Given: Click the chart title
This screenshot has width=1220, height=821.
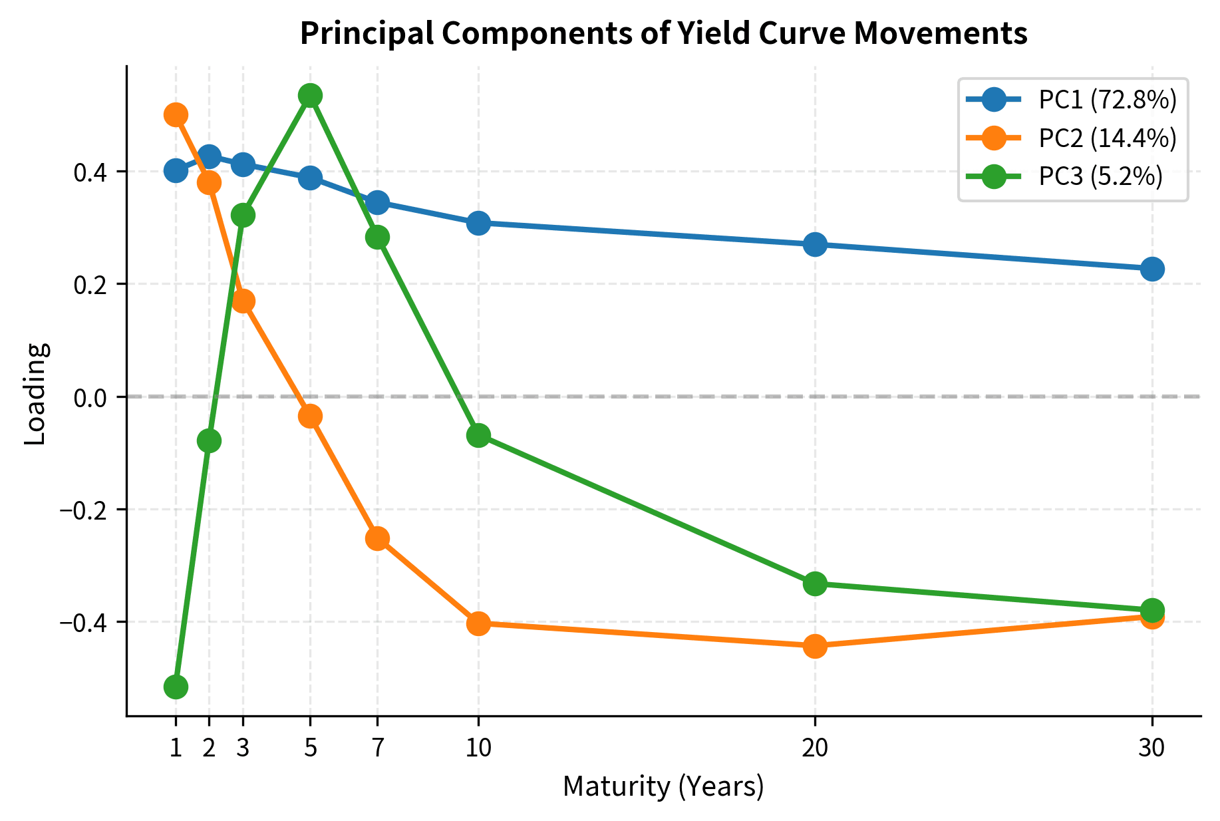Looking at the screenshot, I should pyautogui.click(x=663, y=33).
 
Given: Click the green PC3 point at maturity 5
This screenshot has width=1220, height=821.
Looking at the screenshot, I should pyautogui.click(x=310, y=95).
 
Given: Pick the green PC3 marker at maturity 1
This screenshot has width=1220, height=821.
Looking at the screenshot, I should pyautogui.click(x=176, y=687).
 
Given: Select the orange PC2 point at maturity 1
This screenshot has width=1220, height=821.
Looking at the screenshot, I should pyautogui.click(x=176, y=114).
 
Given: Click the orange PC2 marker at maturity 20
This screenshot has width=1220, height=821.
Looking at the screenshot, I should pyautogui.click(x=815, y=645).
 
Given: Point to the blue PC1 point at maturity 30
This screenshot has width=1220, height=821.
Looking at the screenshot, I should pyautogui.click(x=1151, y=269).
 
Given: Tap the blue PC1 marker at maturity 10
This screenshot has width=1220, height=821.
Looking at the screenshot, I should pyautogui.click(x=478, y=223).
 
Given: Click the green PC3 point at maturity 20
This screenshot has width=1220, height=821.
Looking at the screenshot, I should pyautogui.click(x=815, y=583).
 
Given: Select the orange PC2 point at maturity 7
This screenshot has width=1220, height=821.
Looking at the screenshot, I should pyautogui.click(x=377, y=538).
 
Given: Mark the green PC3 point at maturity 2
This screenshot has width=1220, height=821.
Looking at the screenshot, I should pyautogui.click(x=209, y=440).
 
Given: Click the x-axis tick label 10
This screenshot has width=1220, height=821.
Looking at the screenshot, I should pyautogui.click(x=478, y=749).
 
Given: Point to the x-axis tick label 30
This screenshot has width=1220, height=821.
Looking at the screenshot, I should pyautogui.click(x=1151, y=749).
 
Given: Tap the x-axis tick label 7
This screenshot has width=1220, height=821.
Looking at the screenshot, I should pyautogui.click(x=377, y=749).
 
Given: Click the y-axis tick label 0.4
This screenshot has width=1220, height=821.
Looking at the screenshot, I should pyautogui.click(x=90, y=172).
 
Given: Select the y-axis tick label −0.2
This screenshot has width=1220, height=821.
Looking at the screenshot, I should pyautogui.click(x=84, y=510).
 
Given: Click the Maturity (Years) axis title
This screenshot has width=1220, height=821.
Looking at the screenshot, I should pyautogui.click(x=663, y=787).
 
